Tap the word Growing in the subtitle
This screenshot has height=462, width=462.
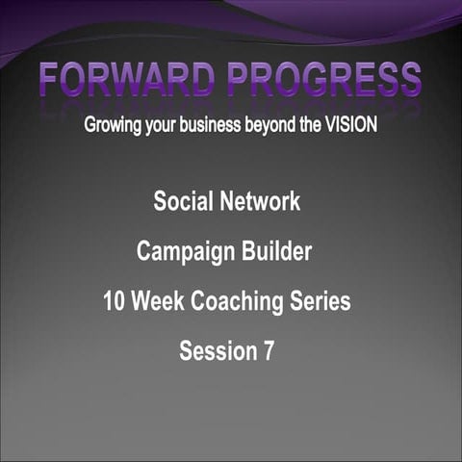tap(115, 126)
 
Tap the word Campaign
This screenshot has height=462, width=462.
tap(183, 252)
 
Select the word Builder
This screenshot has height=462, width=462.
tap(274, 252)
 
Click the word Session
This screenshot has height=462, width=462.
tap(218, 351)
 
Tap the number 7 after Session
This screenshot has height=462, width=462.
tap(268, 351)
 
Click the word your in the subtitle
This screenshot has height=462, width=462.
tap(166, 127)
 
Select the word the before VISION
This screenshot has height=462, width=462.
tap(316, 126)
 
